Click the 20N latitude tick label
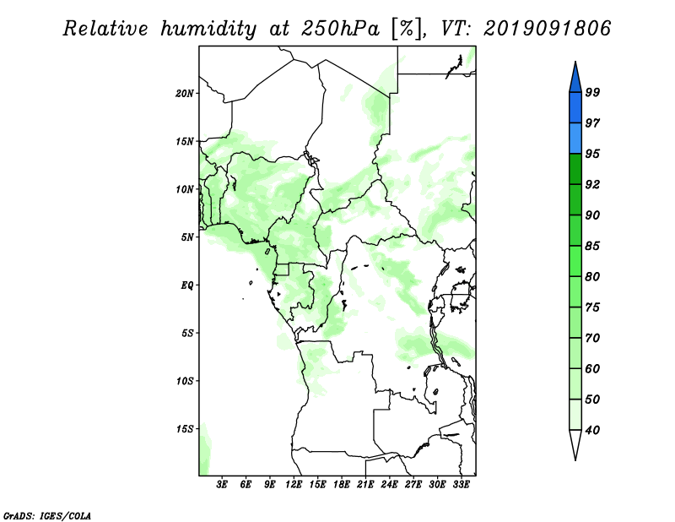185,94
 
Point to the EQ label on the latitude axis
187,285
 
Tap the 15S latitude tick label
185,429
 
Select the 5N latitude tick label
187,237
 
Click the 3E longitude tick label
222,485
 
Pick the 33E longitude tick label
461,485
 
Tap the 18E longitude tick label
342,485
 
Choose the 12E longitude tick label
294,485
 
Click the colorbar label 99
592,92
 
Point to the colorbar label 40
592,430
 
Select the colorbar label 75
592,307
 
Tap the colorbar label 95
592,154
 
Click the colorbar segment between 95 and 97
575,139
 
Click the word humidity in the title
208,29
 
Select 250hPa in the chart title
340,29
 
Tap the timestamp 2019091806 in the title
547,29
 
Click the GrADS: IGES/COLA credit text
47,516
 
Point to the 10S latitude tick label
185,381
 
